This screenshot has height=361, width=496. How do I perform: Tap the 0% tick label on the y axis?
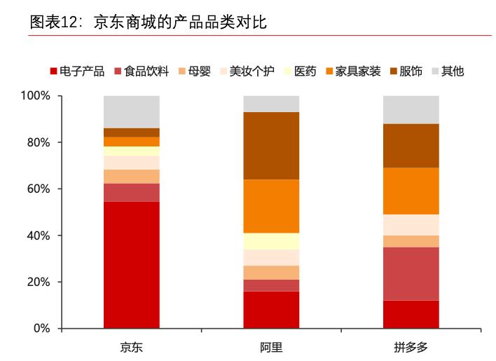tap(41, 329)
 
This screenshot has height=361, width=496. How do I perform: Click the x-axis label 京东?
tap(131, 347)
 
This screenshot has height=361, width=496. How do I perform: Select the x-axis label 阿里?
tap(271, 347)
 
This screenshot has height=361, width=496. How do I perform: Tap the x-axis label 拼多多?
tap(411, 347)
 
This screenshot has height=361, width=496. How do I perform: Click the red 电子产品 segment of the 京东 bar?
tap(131, 265)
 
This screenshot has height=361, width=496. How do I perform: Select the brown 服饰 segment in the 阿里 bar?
tap(271, 146)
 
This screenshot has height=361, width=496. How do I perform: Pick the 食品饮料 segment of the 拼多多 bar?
tap(411, 273)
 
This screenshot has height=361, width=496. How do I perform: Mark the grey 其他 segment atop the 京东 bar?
tap(131, 112)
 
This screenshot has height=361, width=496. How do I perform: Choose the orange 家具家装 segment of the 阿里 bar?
tap(271, 206)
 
